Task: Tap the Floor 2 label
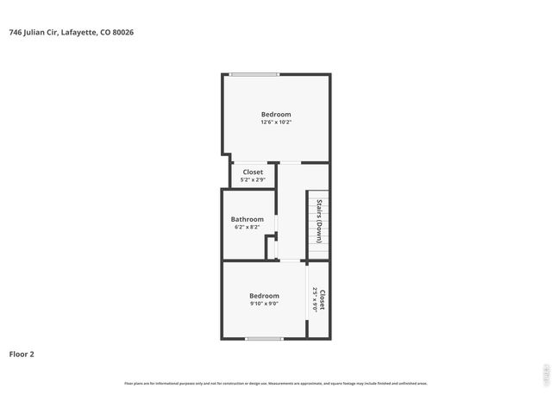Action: tap(22, 354)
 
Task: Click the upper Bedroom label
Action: tap(276, 115)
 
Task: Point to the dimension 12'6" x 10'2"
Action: tap(276, 122)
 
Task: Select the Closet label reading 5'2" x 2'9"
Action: tap(253, 172)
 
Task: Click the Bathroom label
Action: tap(247, 219)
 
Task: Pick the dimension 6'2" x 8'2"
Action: tap(247, 227)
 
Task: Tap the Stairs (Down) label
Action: tap(318, 220)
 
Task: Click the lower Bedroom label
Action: tap(264, 296)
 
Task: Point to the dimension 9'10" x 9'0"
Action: tap(264, 304)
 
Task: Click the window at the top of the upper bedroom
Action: tap(254, 75)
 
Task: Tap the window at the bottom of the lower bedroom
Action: tap(263, 338)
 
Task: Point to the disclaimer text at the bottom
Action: tap(276, 383)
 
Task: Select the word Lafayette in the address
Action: tap(84, 33)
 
